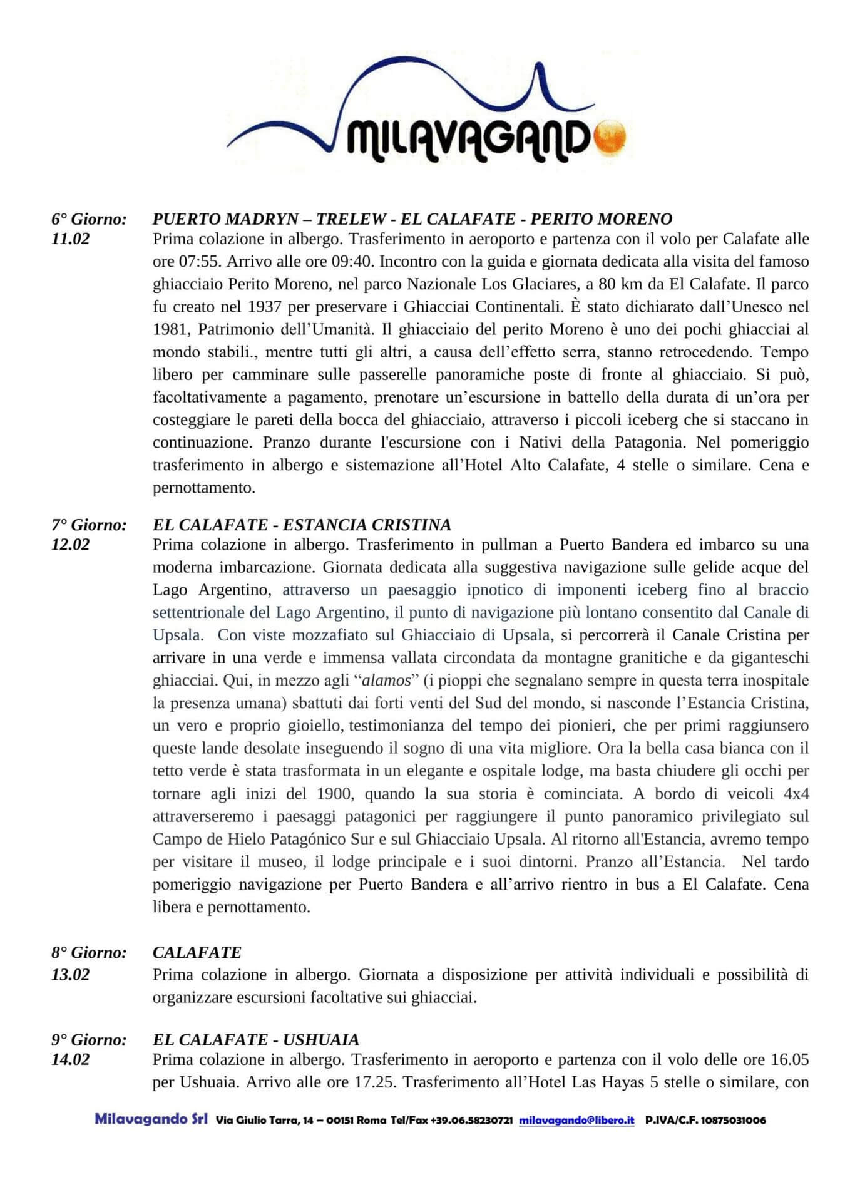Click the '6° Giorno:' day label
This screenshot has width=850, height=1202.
point(89,219)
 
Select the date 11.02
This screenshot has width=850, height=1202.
point(70,239)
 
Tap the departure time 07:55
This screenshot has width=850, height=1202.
point(192,261)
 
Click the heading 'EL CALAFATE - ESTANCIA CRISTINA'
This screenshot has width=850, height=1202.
point(302,525)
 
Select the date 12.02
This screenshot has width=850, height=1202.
point(70,544)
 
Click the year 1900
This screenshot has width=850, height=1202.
point(337,794)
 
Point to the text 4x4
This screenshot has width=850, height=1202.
point(796,794)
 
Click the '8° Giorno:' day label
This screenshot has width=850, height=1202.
point(89,953)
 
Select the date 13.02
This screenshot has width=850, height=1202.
point(70,975)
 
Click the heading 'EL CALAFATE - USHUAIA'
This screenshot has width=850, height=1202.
point(256,1040)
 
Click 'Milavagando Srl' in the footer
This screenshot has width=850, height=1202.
point(151,1119)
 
